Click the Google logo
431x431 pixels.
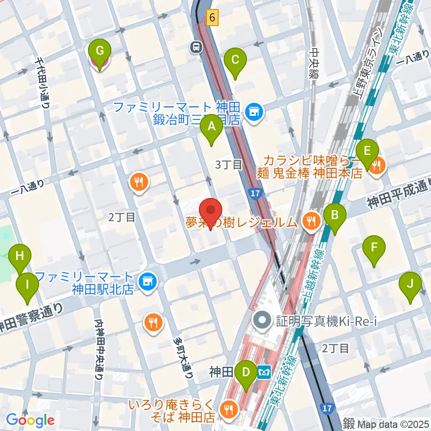click(30, 420)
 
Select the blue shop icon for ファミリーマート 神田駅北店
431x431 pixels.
click(146, 281)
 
